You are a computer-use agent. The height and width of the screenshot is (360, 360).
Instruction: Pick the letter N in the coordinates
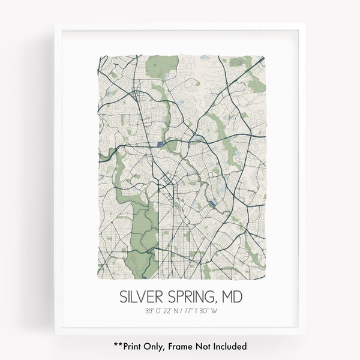pyautogui.click(x=176, y=311)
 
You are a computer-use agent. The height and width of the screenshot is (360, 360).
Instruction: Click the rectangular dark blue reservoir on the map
pyautogui.click(x=160, y=144)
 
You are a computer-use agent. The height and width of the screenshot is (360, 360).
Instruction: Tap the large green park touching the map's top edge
pyautogui.click(x=158, y=66)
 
